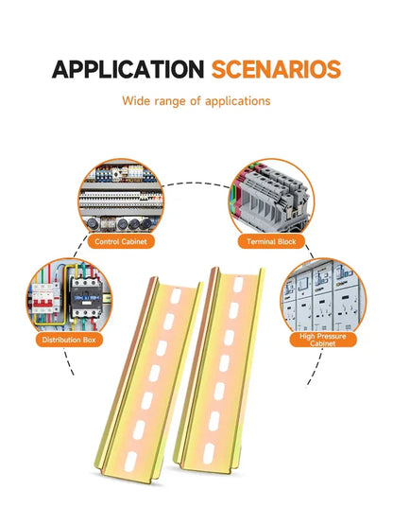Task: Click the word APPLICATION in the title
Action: [x=128, y=69]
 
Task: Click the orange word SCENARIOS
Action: [x=276, y=69]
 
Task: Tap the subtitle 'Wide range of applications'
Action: [x=196, y=101]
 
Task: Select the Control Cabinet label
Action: [x=121, y=241]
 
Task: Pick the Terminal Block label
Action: [x=271, y=241]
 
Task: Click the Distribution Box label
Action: [x=69, y=340]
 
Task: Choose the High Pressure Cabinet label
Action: [x=323, y=340]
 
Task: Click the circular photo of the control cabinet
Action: [x=121, y=197]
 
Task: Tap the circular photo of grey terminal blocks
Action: [x=271, y=197]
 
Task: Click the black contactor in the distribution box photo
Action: [x=86, y=296]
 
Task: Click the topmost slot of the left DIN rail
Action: [x=176, y=296]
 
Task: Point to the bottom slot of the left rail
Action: [x=130, y=462]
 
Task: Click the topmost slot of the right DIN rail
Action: [x=238, y=284]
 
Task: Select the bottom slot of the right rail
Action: [x=208, y=454]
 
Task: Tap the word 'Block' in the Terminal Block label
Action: [x=285, y=241]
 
